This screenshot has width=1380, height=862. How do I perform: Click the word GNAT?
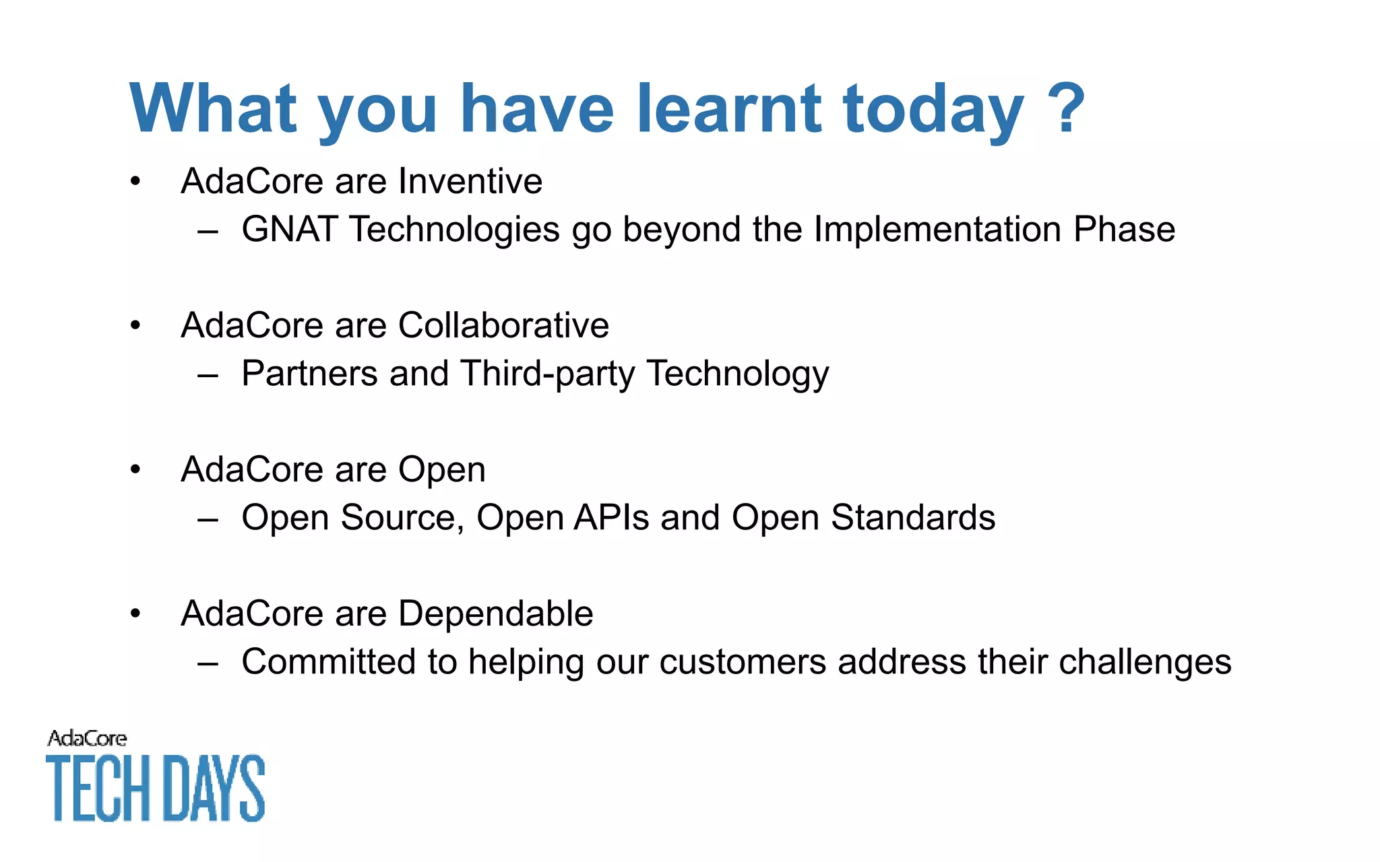click(289, 229)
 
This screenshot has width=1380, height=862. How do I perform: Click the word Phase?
click(1124, 229)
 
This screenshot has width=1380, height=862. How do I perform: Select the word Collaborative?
click(503, 325)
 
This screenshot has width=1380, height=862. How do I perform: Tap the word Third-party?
click(547, 374)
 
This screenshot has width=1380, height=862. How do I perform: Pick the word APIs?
click(611, 518)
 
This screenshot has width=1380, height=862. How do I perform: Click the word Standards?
click(913, 518)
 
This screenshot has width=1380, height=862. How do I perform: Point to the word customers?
click(743, 662)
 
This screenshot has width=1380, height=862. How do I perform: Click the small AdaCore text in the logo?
click(87, 739)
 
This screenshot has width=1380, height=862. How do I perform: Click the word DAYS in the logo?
click(214, 788)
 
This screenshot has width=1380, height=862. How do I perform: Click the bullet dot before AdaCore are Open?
click(135, 469)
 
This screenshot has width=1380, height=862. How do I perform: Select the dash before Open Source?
click(208, 519)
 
